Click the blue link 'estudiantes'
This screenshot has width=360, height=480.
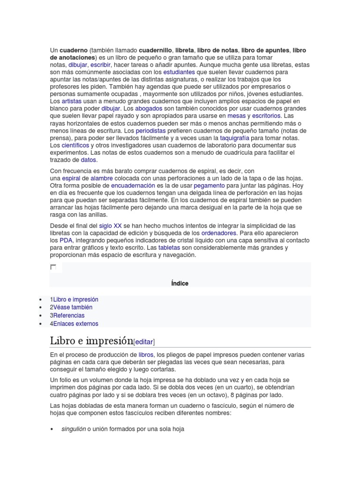pos(179,73)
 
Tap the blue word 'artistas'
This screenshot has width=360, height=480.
pos(71,101)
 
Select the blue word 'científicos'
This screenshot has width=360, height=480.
pos(75,145)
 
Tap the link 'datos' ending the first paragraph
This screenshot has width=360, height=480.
pos(88,160)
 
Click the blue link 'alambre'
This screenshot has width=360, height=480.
pos(102,179)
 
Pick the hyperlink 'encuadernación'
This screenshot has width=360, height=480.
pos(133,186)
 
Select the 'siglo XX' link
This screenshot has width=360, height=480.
pos(111,225)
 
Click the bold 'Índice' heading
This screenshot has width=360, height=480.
pos(180,283)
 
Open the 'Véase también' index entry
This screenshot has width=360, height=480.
pos(73,307)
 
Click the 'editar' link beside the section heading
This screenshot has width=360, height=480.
pos(144,342)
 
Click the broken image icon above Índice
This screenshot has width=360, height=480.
pos(53,267)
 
